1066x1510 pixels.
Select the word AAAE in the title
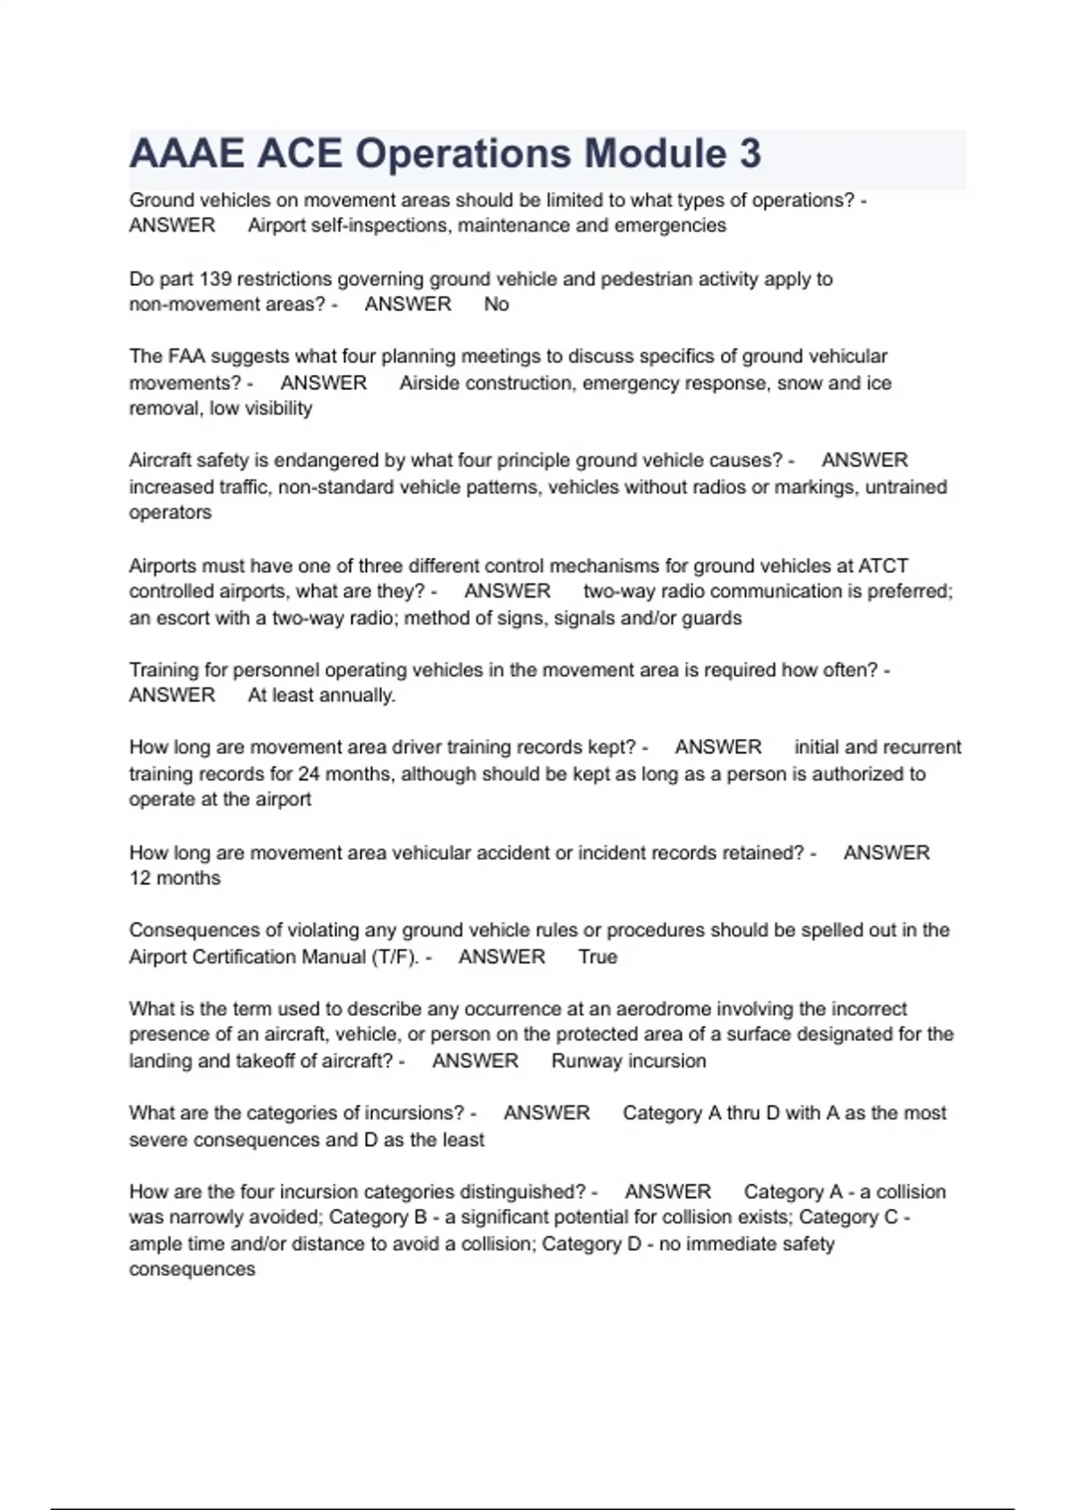187,154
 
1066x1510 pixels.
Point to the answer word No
496,305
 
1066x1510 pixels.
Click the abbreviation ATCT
883,566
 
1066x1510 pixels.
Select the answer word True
597,957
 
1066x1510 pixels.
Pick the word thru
745,1113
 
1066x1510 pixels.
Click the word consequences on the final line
192,1270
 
